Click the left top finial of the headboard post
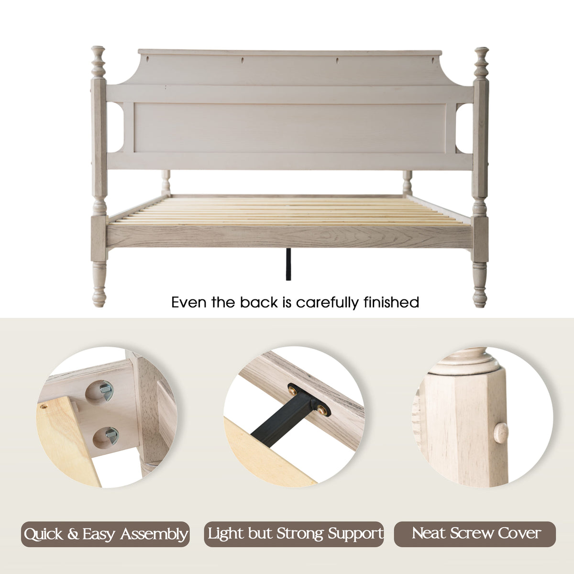99,62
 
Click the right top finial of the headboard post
481,63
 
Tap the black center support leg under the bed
288,264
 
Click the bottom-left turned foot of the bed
99,284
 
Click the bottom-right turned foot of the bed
480,285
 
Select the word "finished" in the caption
391,302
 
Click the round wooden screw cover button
501,433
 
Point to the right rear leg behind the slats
407,183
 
